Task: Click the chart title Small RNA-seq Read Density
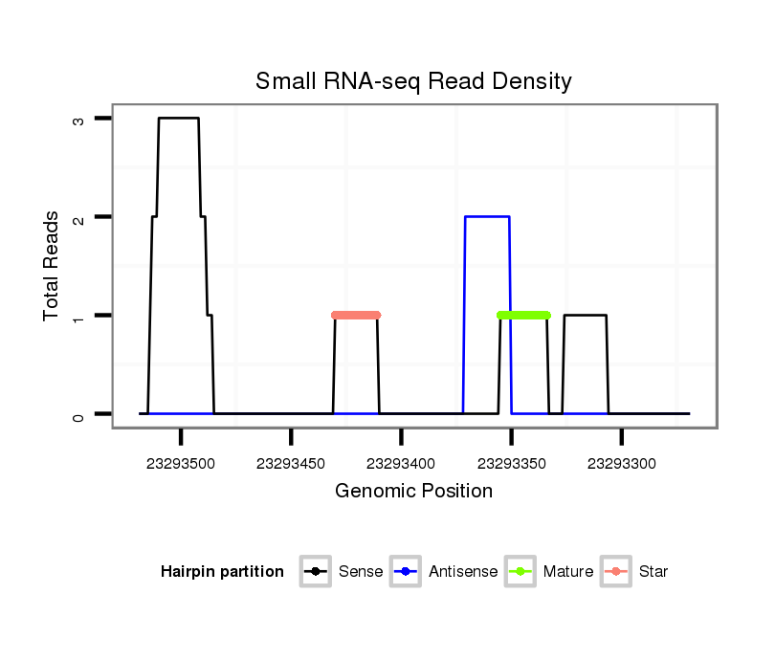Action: click(x=413, y=82)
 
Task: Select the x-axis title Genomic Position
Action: click(x=413, y=492)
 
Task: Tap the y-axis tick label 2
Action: click(x=77, y=217)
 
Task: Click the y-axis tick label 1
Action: click(x=77, y=316)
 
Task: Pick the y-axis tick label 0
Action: click(x=77, y=414)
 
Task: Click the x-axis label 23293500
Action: click(x=181, y=464)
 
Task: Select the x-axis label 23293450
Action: click(x=291, y=464)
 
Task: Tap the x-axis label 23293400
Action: click(x=401, y=464)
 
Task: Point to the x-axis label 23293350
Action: click(x=511, y=464)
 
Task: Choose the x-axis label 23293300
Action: click(x=622, y=464)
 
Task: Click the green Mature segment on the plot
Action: click(x=524, y=315)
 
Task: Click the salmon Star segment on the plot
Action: click(x=356, y=315)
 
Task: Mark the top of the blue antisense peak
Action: click(x=487, y=217)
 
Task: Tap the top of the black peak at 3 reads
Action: click(x=179, y=119)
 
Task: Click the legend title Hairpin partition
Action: click(x=222, y=572)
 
